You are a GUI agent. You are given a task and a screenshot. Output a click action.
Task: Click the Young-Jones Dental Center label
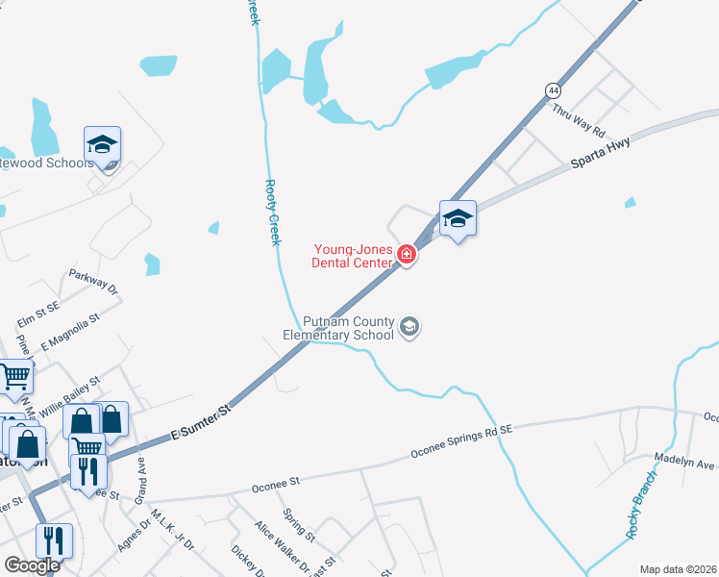pos(353,255)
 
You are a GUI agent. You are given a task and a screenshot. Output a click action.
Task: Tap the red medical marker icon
pos(407,255)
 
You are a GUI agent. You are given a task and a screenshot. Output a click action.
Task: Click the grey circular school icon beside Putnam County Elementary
pos(410,327)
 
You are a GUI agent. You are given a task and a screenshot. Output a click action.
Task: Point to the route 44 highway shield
pos(553,89)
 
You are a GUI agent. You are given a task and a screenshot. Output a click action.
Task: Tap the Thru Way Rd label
pos(579,121)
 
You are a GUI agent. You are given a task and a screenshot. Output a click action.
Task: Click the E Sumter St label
pos(202,423)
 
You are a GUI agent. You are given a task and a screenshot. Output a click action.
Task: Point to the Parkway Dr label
pos(92,282)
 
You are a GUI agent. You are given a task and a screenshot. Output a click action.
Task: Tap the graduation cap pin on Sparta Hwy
pos(458,219)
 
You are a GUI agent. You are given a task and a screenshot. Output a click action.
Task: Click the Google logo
pos(32,565)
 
